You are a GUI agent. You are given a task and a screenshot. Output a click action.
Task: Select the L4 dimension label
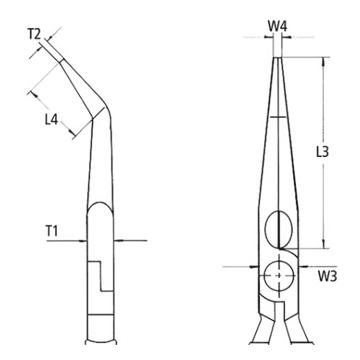click(x=51, y=118)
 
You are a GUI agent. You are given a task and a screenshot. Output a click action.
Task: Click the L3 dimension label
click(x=324, y=153)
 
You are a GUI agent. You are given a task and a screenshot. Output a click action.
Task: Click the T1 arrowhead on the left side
click(x=85, y=240)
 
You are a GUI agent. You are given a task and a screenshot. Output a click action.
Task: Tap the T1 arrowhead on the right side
click(x=119, y=240)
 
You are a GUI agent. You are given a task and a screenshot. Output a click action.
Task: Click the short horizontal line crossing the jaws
click(x=278, y=117)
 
